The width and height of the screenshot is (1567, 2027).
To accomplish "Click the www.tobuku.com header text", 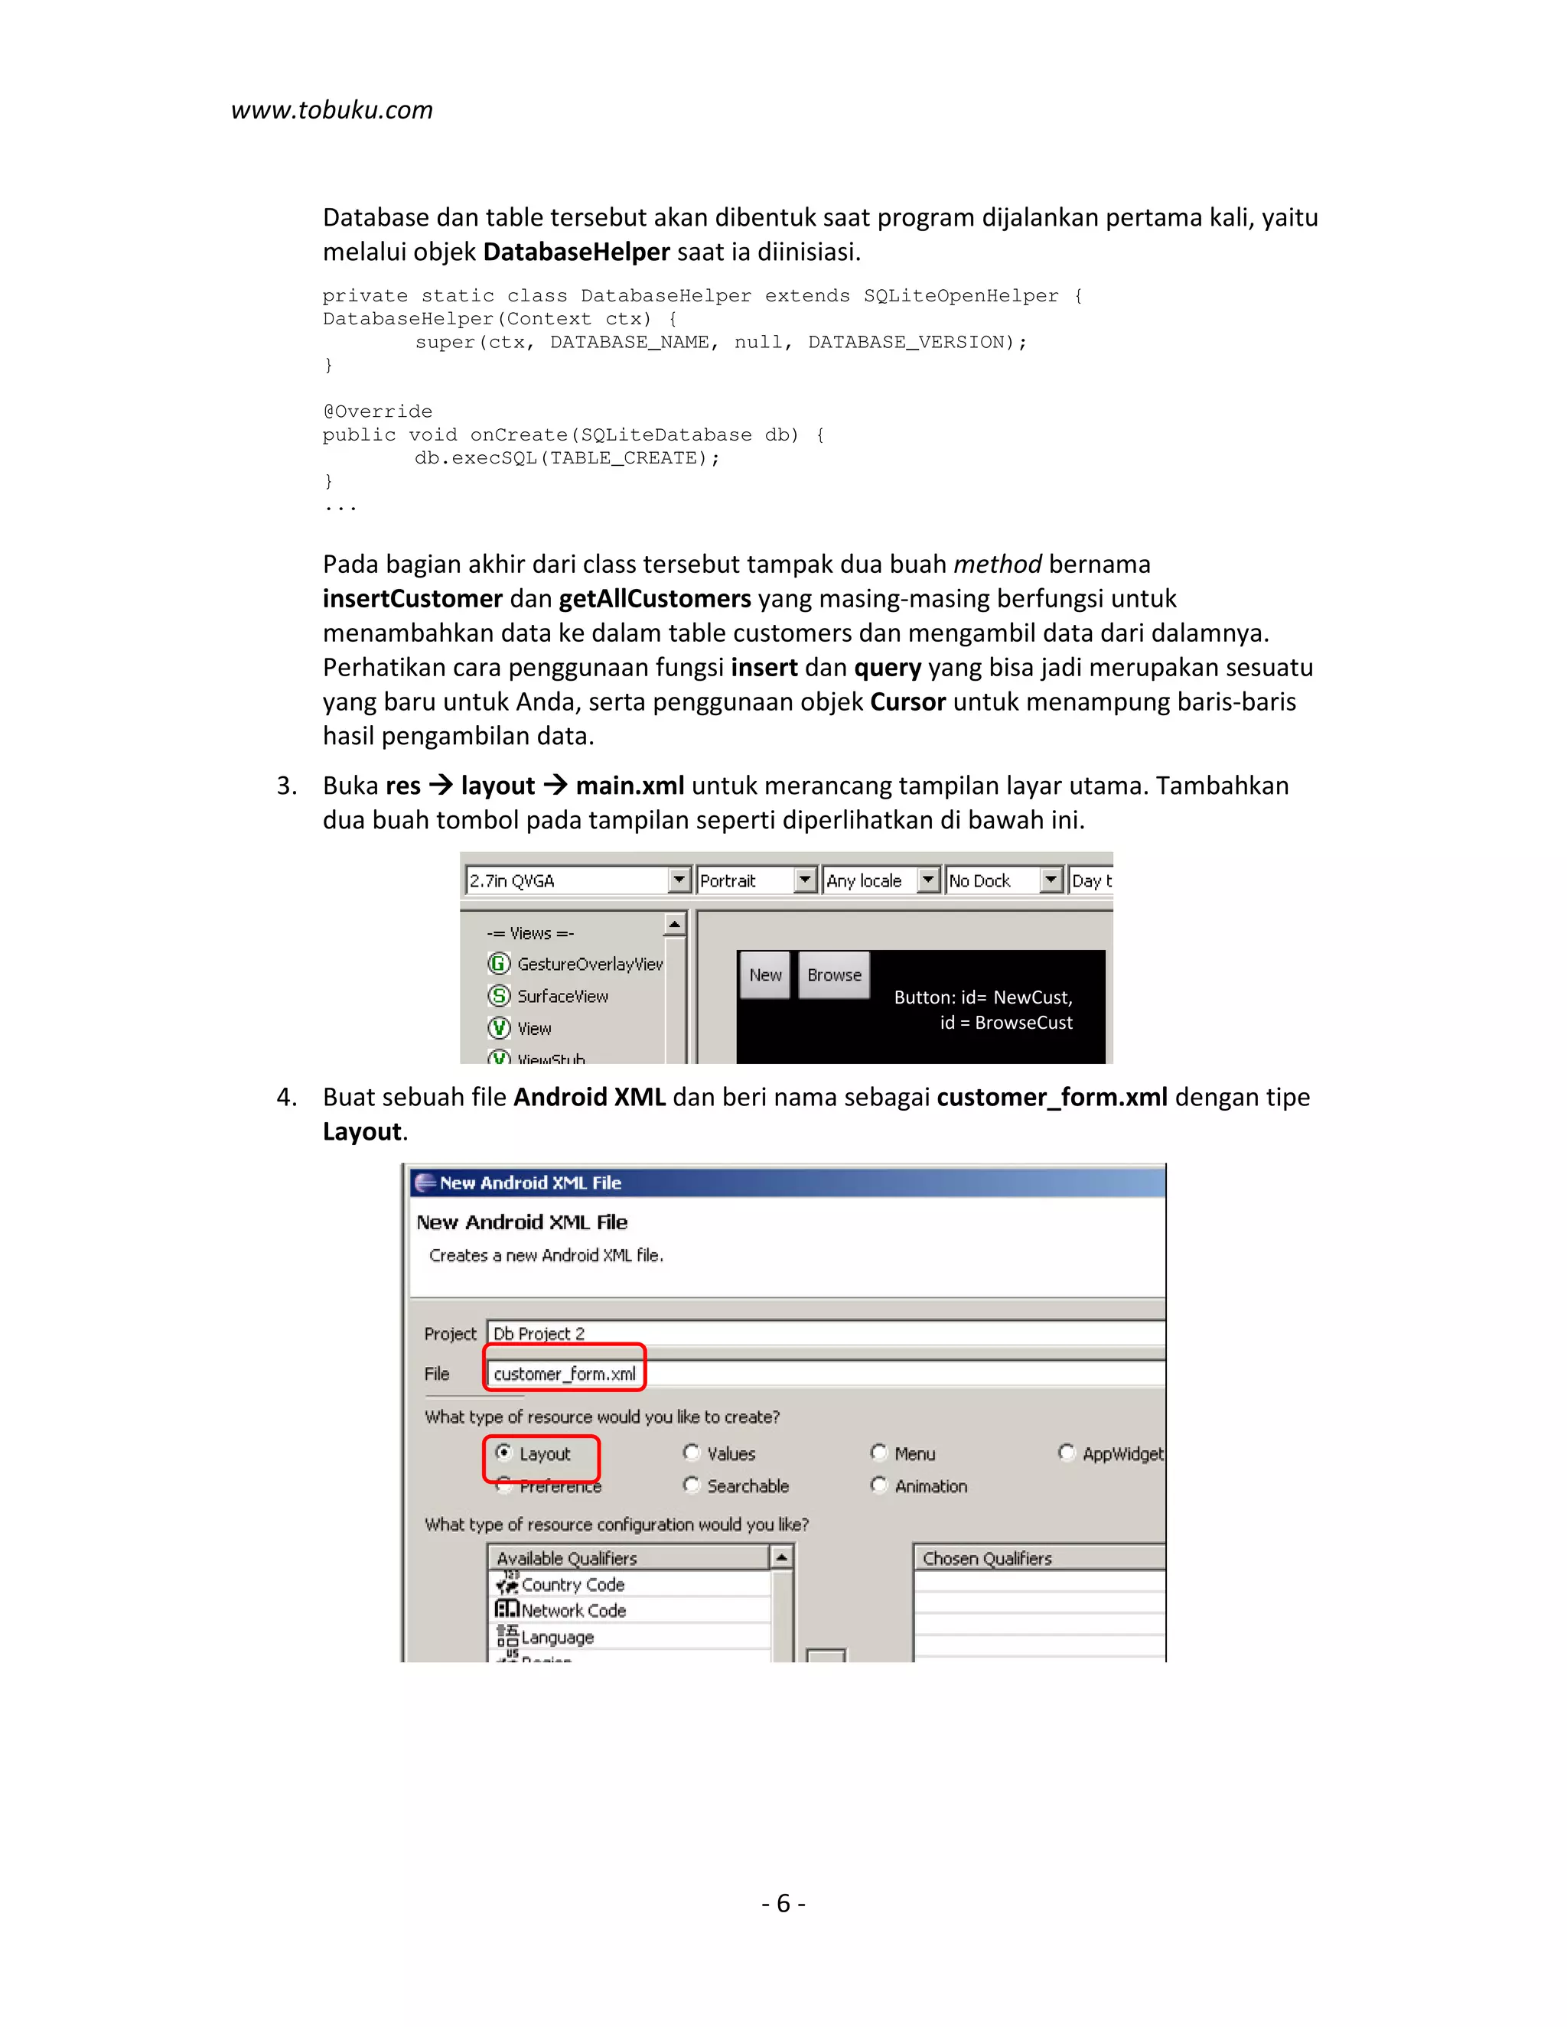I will (x=331, y=110).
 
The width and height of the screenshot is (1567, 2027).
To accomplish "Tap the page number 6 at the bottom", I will (x=783, y=1902).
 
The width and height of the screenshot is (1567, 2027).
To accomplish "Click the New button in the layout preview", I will (x=765, y=974).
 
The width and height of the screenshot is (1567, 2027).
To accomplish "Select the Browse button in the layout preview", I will (x=834, y=974).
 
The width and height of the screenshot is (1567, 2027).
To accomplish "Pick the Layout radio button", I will (x=504, y=1453).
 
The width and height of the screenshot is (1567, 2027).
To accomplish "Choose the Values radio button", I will (x=692, y=1453).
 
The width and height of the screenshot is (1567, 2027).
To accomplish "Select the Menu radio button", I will (x=879, y=1453).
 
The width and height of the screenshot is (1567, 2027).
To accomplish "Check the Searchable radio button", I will (x=692, y=1485).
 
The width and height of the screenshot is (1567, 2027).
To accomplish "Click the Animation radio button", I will (x=879, y=1485).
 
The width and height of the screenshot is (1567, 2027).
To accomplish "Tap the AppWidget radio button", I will (x=1067, y=1453).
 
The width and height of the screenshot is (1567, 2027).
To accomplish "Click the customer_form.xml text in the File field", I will (x=565, y=1374).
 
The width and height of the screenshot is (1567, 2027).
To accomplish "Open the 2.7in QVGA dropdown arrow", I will (x=679, y=880).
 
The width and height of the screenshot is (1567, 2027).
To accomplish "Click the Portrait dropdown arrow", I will (x=805, y=880).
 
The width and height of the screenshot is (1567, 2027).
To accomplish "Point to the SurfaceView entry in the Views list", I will (x=562, y=996).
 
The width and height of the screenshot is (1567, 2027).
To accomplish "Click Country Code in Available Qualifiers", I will (x=572, y=1584).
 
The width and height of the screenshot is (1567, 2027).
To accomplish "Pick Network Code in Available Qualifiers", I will (x=573, y=1610).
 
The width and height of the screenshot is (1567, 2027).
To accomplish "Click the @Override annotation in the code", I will (x=377, y=412).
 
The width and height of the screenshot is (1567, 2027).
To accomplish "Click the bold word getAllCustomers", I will (x=654, y=599).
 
